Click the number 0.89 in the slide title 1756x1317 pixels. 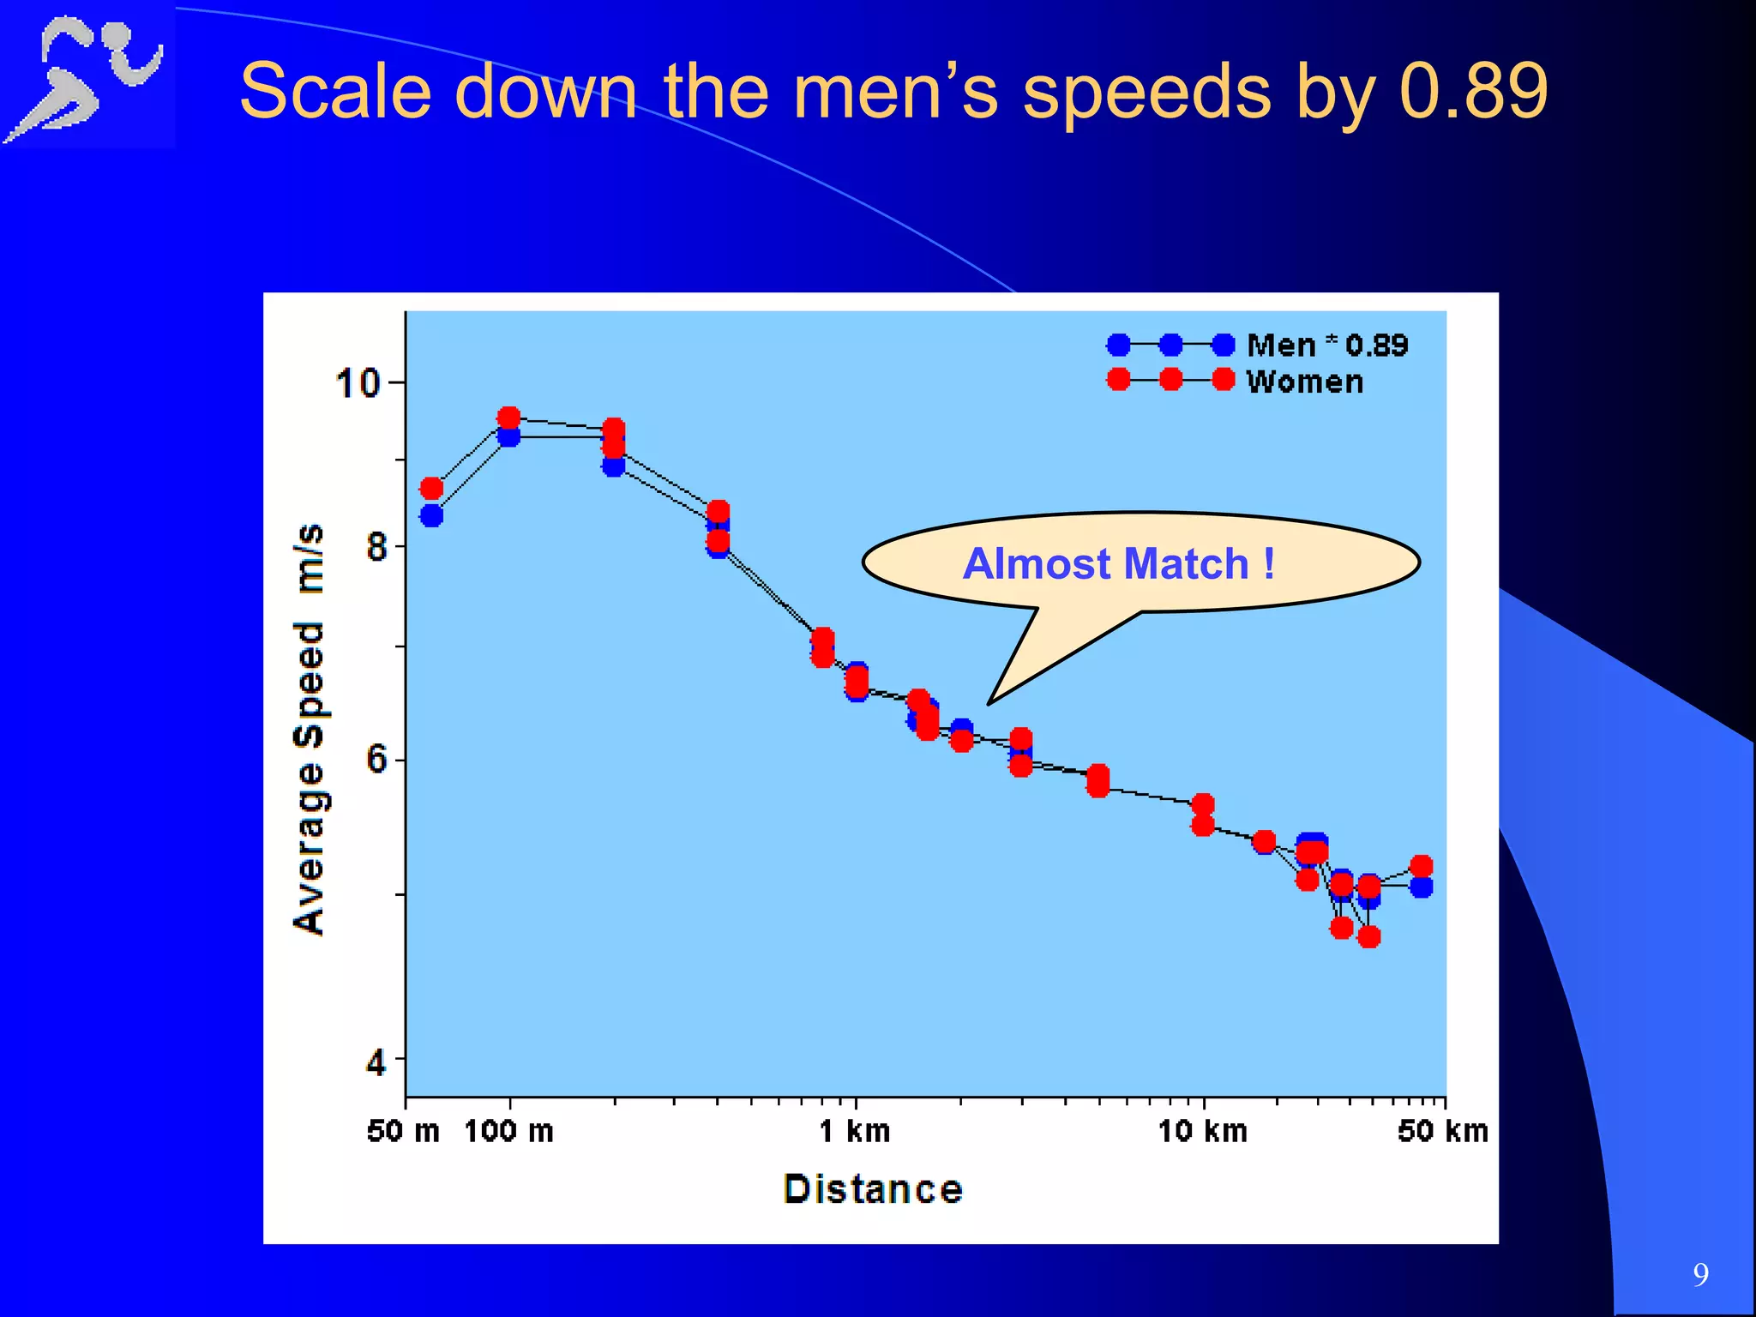click(1473, 91)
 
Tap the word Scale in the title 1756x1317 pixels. click(335, 91)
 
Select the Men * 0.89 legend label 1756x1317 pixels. click(1326, 346)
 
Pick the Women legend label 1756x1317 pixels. click(1304, 382)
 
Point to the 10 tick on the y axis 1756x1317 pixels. click(358, 382)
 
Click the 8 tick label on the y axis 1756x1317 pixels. click(376, 546)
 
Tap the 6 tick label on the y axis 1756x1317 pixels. click(376, 760)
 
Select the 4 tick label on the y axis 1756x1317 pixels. click(376, 1063)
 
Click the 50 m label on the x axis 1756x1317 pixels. click(403, 1132)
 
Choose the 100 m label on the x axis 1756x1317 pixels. click(509, 1132)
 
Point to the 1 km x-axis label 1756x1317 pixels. click(855, 1132)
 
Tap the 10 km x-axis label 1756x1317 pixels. click(1203, 1132)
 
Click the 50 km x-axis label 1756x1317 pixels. click(1443, 1132)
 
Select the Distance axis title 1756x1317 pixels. click(873, 1190)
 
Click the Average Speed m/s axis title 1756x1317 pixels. click(310, 729)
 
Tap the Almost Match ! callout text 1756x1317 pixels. click(1119, 564)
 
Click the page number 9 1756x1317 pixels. click(1701, 1275)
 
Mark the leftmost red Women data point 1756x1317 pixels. click(431, 489)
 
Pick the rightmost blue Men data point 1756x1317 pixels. click(1422, 887)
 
